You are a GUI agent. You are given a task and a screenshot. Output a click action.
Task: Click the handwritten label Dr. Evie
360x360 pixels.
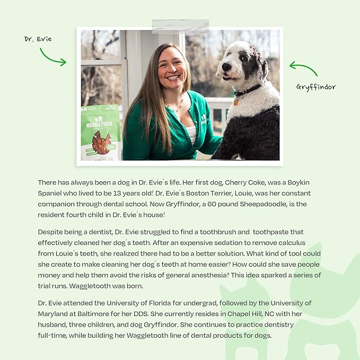38,39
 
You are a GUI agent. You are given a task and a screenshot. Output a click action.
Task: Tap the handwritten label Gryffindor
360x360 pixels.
316,87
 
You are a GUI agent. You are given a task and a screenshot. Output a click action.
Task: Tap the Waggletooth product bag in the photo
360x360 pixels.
100,133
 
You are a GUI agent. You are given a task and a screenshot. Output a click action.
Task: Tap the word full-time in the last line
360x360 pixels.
55,336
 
